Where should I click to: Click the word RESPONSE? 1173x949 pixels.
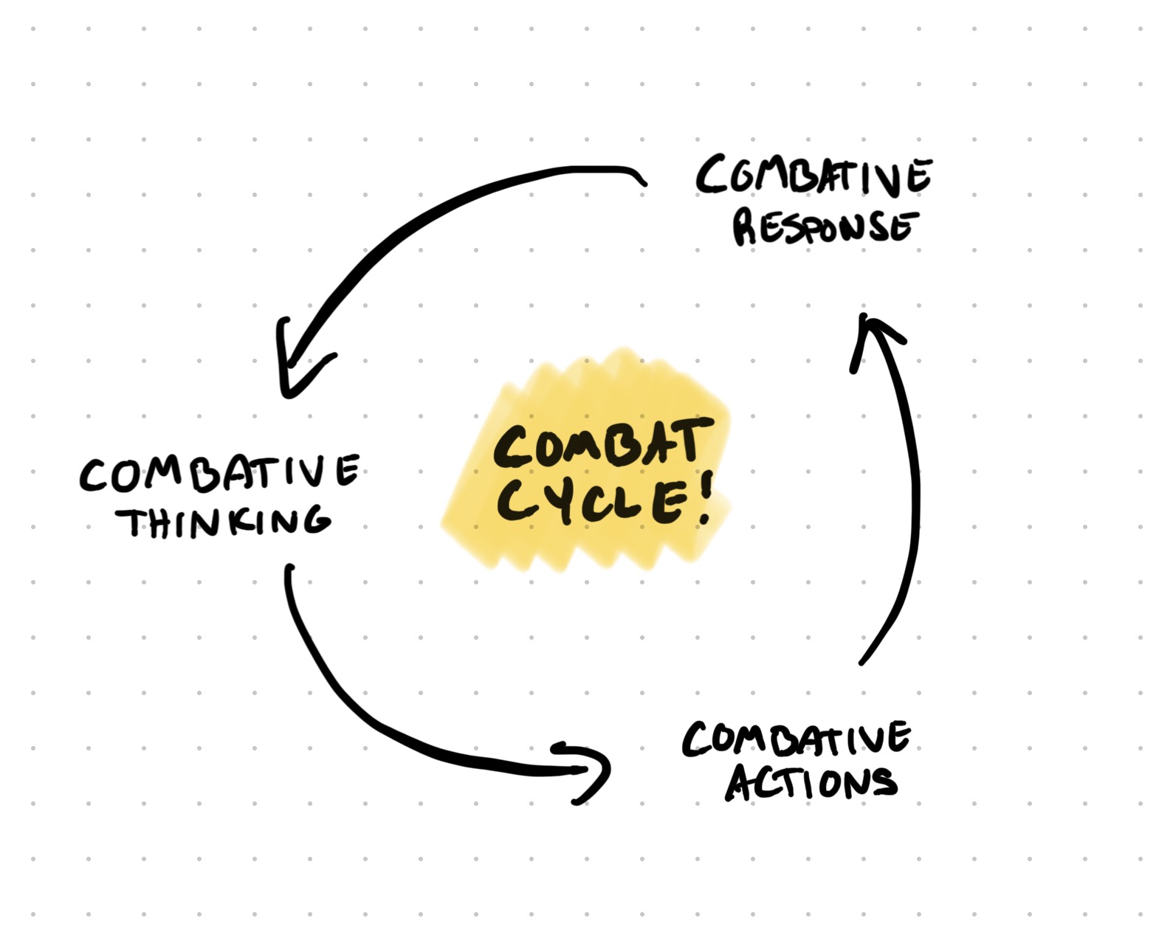click(x=825, y=227)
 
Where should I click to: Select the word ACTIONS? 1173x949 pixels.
click(x=811, y=782)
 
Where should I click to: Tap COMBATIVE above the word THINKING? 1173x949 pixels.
click(x=219, y=474)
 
